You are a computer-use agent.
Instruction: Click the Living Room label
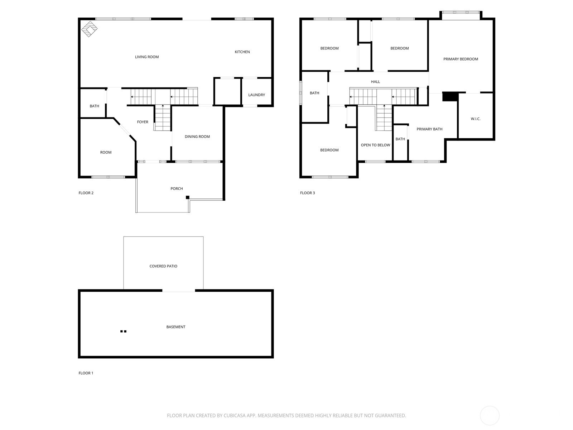point(147,57)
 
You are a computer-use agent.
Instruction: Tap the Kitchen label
point(242,52)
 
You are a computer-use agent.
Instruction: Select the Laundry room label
point(257,95)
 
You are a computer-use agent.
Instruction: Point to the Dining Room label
point(197,137)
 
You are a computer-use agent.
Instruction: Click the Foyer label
point(143,122)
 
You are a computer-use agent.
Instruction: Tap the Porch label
point(177,188)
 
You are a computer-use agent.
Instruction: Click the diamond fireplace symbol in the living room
point(89,29)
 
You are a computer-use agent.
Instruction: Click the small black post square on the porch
point(187,197)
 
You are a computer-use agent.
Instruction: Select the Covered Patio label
point(163,266)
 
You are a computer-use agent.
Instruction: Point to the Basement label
point(176,327)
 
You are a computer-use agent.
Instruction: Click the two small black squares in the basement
point(123,331)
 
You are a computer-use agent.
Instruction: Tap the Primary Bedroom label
point(461,59)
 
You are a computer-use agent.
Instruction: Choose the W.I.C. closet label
point(475,119)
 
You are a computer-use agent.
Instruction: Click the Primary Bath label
point(429,129)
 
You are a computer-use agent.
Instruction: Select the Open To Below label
point(375,145)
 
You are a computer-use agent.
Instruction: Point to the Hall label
point(375,82)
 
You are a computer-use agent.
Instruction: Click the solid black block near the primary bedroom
point(450,96)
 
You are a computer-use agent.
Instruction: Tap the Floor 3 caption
point(307,193)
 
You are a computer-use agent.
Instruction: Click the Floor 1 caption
point(86,373)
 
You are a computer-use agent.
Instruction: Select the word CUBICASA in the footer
point(235,415)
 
